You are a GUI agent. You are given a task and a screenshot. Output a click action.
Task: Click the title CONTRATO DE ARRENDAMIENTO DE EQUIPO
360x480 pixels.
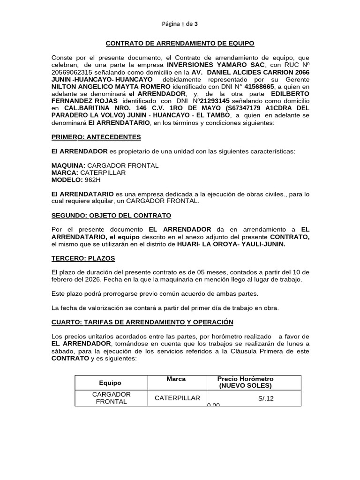click(x=180, y=43)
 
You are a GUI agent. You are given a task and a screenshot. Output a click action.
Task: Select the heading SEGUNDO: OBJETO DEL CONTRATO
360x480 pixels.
click(x=111, y=215)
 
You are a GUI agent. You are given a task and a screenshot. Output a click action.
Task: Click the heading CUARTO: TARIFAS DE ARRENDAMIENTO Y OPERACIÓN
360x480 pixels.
click(x=142, y=322)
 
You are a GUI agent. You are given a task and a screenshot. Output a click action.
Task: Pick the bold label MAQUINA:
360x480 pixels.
click(x=68, y=165)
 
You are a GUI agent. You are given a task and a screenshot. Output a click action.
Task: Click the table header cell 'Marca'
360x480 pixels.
click(x=176, y=379)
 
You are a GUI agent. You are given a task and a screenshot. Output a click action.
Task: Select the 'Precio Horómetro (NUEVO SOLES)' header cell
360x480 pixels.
click(x=245, y=382)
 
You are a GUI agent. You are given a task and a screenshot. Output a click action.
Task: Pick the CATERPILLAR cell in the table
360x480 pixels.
click(x=177, y=398)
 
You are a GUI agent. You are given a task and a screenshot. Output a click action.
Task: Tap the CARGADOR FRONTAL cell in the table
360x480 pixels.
click(x=111, y=398)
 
